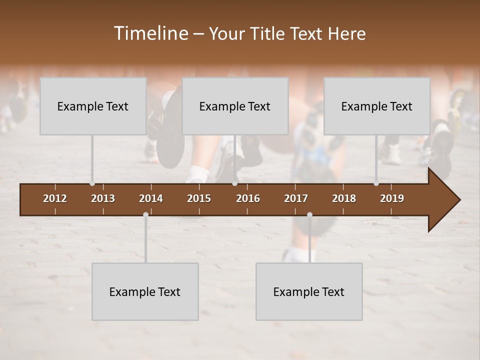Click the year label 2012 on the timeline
pyautogui.click(x=55, y=198)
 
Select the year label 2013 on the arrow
pyautogui.click(x=103, y=198)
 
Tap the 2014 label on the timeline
pyautogui.click(x=151, y=198)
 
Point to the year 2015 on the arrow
pyautogui.click(x=199, y=198)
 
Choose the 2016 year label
pyautogui.click(x=248, y=198)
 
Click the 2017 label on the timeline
pyautogui.click(x=296, y=198)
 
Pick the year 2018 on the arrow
pyautogui.click(x=344, y=198)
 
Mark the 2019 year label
pyautogui.click(x=392, y=198)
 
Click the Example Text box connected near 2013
pyautogui.click(x=93, y=106)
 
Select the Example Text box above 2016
pyautogui.click(x=235, y=106)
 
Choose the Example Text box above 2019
pyautogui.click(x=377, y=106)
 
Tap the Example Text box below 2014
pyautogui.click(x=145, y=291)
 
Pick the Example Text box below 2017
pyautogui.click(x=309, y=291)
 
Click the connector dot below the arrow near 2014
pyautogui.click(x=145, y=215)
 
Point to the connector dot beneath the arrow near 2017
pyautogui.click(x=309, y=215)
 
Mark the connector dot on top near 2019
pyautogui.click(x=376, y=183)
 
